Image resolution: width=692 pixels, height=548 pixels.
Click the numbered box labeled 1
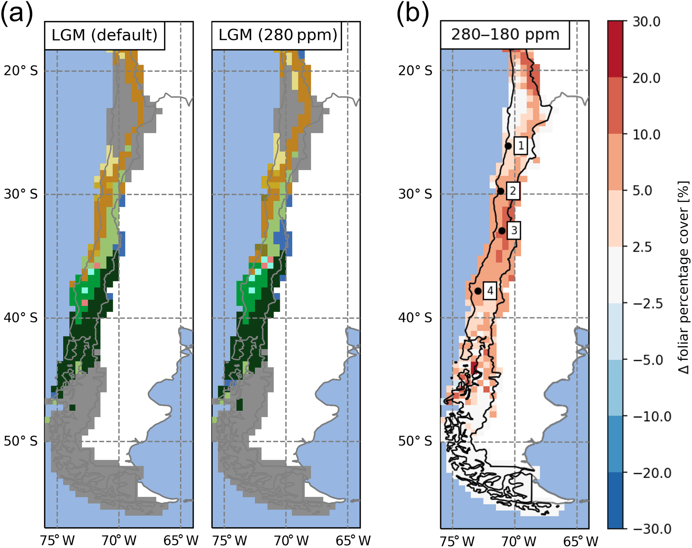[x=521, y=146]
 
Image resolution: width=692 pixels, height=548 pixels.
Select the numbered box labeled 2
[x=513, y=191]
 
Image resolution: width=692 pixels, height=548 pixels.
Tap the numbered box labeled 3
[x=514, y=230]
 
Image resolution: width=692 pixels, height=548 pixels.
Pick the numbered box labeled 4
[x=490, y=291]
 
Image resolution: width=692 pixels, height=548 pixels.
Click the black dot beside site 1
[x=508, y=146]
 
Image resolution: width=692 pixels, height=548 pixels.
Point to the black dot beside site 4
[x=478, y=291]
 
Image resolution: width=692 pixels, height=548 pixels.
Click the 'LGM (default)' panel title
[x=104, y=35]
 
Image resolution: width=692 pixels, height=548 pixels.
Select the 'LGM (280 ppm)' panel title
[x=278, y=35]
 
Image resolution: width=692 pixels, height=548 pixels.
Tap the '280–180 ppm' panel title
[x=505, y=34]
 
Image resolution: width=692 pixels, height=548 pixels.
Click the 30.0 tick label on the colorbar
[x=646, y=22]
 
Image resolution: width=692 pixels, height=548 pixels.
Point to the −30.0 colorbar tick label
[x=652, y=529]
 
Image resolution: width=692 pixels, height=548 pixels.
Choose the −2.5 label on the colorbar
[x=648, y=304]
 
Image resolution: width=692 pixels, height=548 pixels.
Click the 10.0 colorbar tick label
[x=646, y=134]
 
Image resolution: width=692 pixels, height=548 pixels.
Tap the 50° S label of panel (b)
[x=415, y=441]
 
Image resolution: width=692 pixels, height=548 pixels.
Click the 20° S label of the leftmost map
[x=21, y=71]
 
